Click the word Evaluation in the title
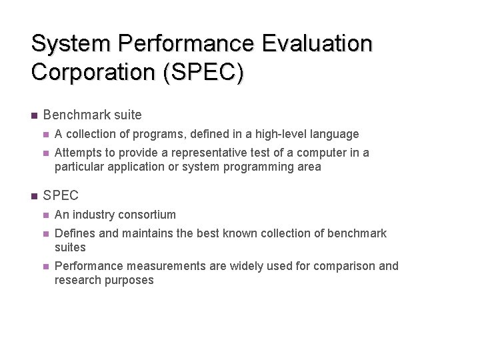click(x=317, y=44)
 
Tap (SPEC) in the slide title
click(x=203, y=72)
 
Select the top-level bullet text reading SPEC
click(x=61, y=195)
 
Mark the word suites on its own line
click(x=70, y=247)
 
